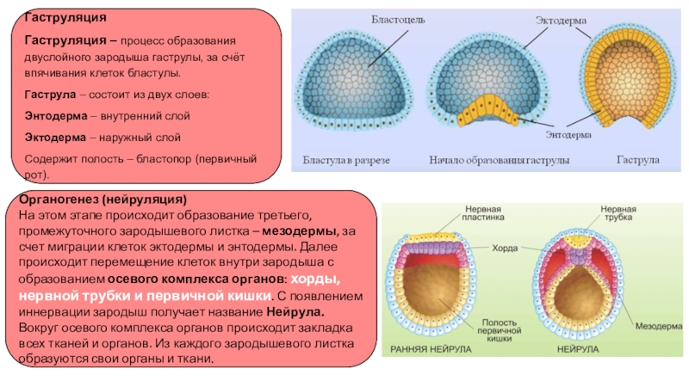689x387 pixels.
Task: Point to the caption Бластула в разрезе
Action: [x=345, y=161]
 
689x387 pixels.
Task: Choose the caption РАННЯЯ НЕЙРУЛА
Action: [x=429, y=350]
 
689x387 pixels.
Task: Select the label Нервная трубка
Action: [x=618, y=215]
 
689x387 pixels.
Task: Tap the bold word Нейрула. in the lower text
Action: [x=295, y=312]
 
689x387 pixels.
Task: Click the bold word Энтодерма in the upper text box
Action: [x=54, y=114]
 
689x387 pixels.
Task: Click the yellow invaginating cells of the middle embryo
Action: [x=487, y=110]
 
